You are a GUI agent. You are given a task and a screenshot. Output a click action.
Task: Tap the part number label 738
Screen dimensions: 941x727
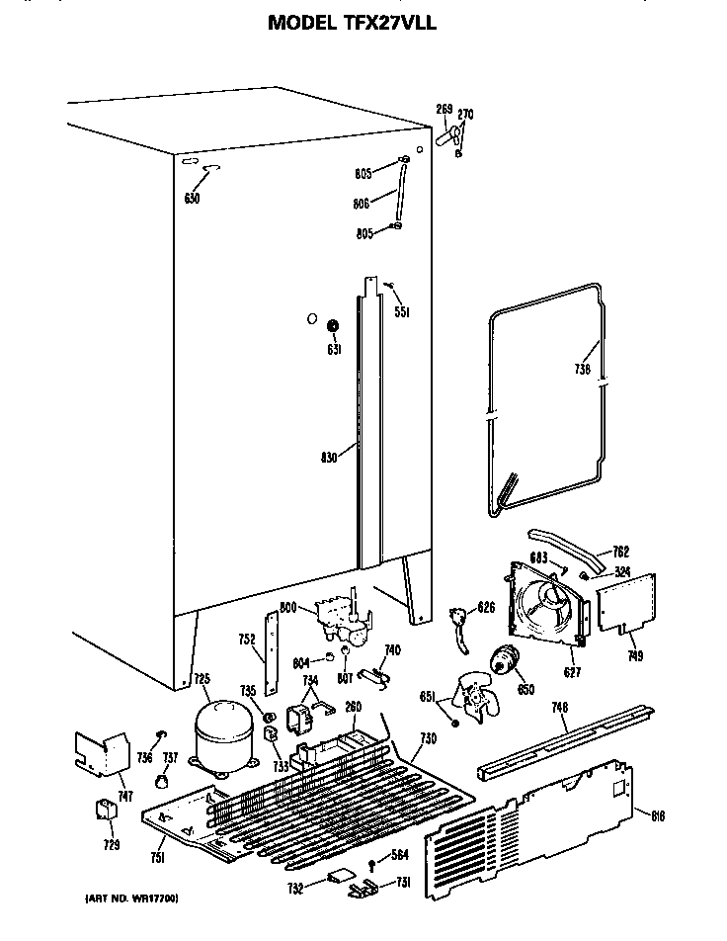(x=583, y=370)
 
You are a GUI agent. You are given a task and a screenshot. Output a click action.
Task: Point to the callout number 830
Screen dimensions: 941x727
(x=330, y=457)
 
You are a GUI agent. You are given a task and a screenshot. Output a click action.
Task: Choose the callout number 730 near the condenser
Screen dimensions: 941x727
(x=428, y=739)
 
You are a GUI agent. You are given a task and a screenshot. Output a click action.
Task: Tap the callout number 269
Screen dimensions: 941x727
(x=444, y=109)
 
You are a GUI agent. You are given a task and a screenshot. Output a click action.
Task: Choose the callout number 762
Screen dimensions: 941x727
(x=620, y=552)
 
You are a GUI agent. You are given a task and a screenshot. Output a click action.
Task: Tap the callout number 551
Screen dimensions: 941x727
(x=402, y=312)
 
